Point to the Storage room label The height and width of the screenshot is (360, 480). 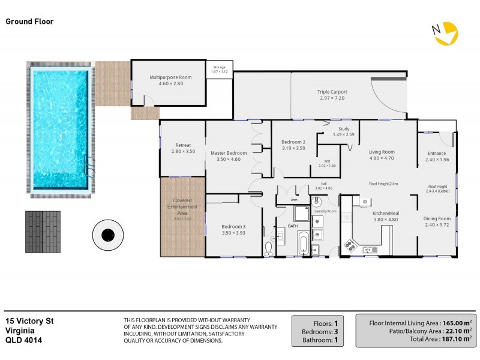220,67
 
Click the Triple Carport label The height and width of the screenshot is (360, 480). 332,92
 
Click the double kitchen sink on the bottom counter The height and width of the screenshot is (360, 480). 370,248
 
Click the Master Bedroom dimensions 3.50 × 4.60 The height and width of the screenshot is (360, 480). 227,160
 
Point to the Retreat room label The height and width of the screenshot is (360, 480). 183,145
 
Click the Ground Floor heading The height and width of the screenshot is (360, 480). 29,22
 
